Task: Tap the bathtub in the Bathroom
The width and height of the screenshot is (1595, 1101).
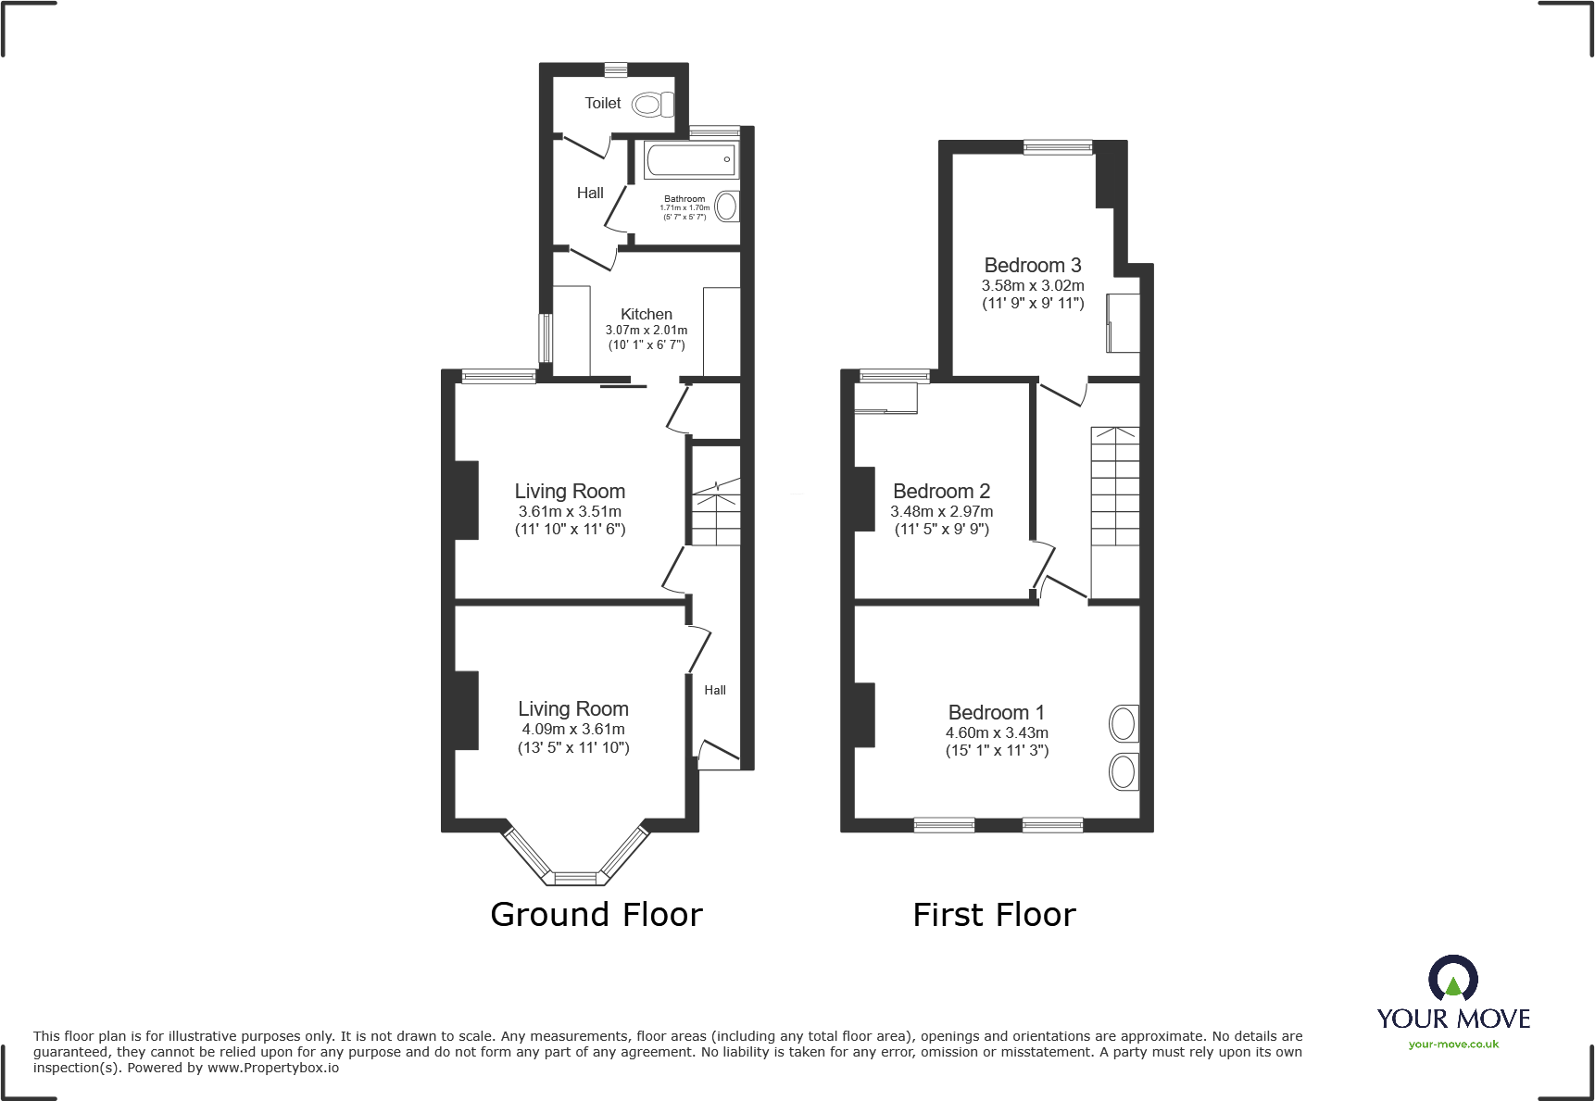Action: coord(691,160)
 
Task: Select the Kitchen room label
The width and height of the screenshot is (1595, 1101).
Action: coord(646,315)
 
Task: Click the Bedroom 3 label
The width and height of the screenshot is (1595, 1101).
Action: coord(1032,266)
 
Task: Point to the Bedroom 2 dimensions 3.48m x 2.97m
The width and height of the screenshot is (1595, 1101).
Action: coord(941,511)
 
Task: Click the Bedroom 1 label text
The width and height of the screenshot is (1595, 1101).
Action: coord(996,713)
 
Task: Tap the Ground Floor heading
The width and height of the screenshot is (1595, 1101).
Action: coord(596,915)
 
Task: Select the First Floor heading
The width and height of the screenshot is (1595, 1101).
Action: coord(994,915)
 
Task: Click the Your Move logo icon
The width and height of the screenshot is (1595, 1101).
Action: coord(1452,978)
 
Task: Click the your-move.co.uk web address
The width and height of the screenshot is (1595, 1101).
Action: coord(1453,1045)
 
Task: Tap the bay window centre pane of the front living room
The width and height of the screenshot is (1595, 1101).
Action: coord(575,878)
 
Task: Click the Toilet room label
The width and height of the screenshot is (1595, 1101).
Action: coord(602,104)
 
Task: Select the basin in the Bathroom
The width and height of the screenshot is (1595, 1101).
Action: coord(728,206)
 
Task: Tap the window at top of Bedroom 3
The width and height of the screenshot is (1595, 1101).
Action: coord(1058,146)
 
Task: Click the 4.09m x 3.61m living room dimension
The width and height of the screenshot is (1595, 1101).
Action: coord(572,730)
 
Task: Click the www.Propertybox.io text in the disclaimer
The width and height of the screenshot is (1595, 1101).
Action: coord(272,1069)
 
